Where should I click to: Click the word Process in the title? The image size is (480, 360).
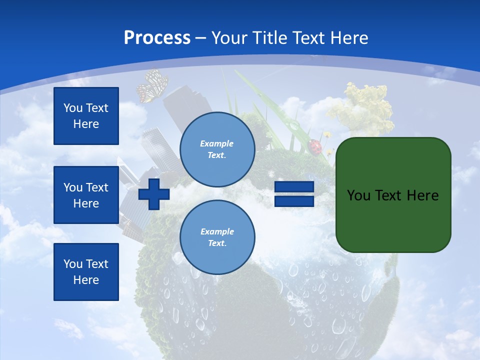pos(157,38)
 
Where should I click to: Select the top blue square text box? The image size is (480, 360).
pos(86,116)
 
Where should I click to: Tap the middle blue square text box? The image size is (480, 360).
pos(86,195)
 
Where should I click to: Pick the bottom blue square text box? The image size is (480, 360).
pos(86,271)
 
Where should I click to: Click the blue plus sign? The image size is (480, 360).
pos(154,194)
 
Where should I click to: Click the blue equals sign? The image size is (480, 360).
pos(294,194)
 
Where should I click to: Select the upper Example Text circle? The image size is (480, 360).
pos(217,149)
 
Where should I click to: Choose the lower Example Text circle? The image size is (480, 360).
pos(217,237)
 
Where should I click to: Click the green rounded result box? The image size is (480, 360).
pos(393,195)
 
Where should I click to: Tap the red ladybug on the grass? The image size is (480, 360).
pos(315,146)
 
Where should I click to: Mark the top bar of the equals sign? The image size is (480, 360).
pos(294,187)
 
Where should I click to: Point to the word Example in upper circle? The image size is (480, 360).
pos(217,143)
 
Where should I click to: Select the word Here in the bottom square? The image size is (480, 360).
pos(86,280)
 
